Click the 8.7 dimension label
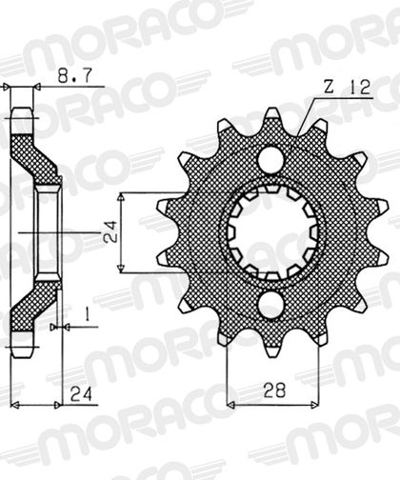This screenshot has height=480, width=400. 75,76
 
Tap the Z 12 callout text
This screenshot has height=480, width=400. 348,87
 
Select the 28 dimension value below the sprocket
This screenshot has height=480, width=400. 274,390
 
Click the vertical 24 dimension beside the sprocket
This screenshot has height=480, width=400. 110,231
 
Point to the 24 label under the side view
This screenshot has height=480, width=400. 81,394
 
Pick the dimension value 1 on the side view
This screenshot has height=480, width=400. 87,314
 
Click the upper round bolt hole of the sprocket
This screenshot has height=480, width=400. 270,159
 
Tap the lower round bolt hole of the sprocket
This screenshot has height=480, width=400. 270,305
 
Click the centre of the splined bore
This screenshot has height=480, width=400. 270,232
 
